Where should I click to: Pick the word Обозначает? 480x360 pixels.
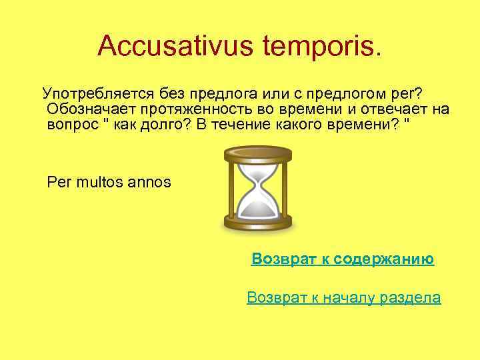[87, 109]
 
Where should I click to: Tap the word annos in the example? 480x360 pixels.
[151, 181]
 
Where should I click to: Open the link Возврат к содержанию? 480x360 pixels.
[343, 259]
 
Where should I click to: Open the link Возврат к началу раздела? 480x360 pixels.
[343, 297]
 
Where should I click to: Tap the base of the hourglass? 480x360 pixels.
[257, 224]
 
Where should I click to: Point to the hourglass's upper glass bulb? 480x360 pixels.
[257, 173]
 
